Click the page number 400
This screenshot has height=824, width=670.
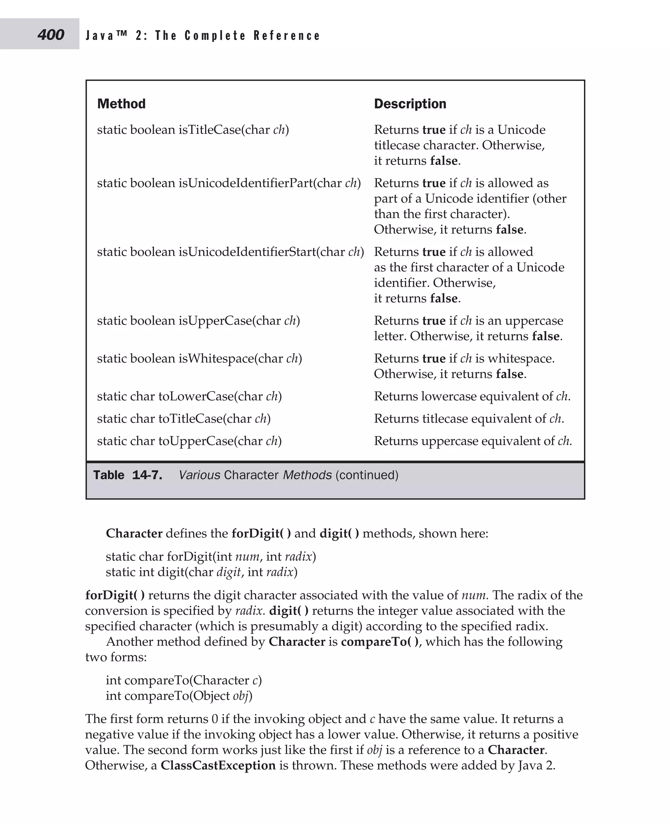point(51,35)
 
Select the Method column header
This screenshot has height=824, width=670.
point(121,104)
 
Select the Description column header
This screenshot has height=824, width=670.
point(410,104)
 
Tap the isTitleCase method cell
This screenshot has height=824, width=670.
point(193,129)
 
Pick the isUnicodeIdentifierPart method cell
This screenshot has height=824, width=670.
point(228,183)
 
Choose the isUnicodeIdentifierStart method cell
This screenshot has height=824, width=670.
point(230,252)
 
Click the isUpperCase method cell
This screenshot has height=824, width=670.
point(198,320)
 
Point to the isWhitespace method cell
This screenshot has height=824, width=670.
point(199,358)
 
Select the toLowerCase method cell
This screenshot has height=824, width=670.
point(189,396)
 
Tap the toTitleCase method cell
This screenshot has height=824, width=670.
point(184,419)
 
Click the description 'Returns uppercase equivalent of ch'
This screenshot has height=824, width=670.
point(472,441)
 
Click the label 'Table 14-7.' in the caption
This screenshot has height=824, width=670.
point(127,475)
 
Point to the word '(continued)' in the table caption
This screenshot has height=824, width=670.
point(367,475)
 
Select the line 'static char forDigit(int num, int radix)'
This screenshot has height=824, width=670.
point(211,556)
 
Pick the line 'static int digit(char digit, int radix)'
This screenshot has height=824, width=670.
point(202,572)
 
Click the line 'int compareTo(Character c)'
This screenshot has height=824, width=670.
point(184,680)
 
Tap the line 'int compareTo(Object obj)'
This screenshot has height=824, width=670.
point(179,695)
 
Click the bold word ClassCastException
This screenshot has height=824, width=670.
point(218,765)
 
